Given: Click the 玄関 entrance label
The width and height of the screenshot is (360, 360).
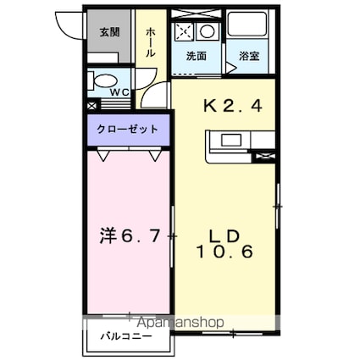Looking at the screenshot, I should tap(109, 33).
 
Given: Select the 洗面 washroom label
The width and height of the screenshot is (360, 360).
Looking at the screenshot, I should tap(196, 56).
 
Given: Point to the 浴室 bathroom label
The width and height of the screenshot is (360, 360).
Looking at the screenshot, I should tap(249, 56).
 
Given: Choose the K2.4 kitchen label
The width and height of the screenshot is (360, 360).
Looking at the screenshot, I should tap(224, 106).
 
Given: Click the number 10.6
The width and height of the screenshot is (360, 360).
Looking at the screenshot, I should tap(224, 252).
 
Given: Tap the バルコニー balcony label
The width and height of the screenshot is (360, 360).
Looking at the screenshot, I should tap(128, 336).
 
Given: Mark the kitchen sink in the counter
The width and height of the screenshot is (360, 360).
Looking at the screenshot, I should tap(230, 140).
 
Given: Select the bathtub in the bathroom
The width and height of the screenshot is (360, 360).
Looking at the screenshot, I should tap(249, 29).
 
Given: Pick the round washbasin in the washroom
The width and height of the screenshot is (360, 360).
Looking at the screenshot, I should tap(206, 32).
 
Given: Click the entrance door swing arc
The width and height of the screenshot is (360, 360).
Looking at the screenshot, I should tap(66, 23).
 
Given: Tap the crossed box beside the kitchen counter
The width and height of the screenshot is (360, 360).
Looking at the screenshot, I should tap(268, 156).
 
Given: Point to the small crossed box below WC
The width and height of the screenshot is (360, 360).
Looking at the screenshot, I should tap(92, 107).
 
